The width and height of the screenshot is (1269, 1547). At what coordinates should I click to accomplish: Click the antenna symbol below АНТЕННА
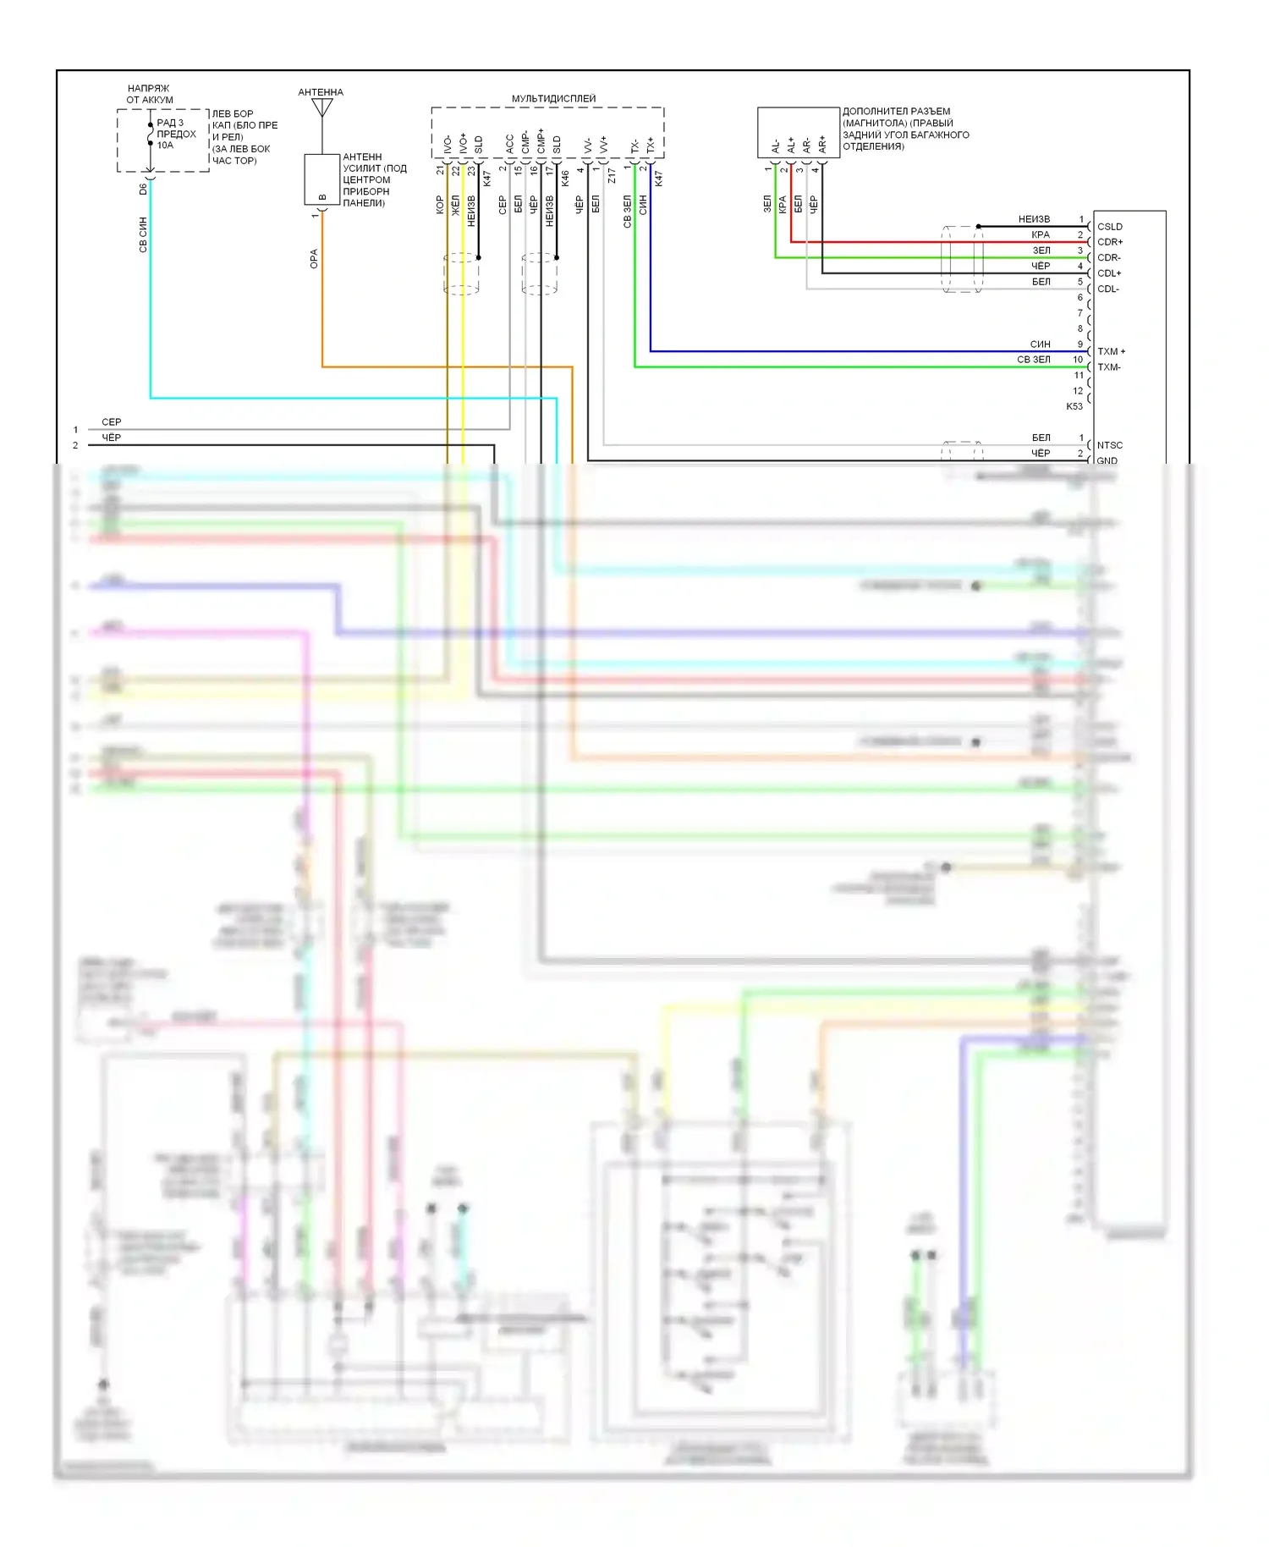pos(321,107)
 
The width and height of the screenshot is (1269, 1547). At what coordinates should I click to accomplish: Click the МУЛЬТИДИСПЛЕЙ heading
pos(553,99)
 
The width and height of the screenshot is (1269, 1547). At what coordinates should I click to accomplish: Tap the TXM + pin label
pos(1111,351)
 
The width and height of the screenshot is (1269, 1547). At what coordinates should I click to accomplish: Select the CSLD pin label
pos(1109,227)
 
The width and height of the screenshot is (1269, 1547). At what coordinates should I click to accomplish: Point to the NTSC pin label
pos(1109,445)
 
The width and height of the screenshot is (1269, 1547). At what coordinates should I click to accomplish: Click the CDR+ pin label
pos(1109,242)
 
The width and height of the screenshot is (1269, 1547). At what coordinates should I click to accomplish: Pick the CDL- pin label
pos(1107,289)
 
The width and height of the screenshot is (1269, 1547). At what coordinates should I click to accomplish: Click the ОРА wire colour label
pos(314,259)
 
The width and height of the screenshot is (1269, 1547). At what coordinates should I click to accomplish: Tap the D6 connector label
pos(143,190)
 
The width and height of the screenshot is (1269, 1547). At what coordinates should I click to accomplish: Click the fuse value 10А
pos(165,146)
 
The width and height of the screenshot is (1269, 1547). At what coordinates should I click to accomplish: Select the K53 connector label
pos(1074,406)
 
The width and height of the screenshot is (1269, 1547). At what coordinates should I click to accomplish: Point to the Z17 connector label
pos(612,176)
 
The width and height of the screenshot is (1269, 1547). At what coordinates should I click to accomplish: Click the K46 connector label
pos(565,179)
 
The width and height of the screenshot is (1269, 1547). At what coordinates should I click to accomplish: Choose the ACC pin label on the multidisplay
pos(509,144)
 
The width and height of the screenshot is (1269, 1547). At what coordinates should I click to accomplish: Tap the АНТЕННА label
pos(321,92)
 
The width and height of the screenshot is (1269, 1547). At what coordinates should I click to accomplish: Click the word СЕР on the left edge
pos(111,421)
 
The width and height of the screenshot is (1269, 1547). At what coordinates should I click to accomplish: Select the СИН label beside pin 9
pos(1040,344)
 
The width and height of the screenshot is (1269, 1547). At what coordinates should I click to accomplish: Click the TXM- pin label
pos(1108,367)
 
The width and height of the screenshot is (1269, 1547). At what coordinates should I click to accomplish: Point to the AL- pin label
pos(776,146)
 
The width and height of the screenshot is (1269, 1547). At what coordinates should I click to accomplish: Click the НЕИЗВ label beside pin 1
pos(1034,219)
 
